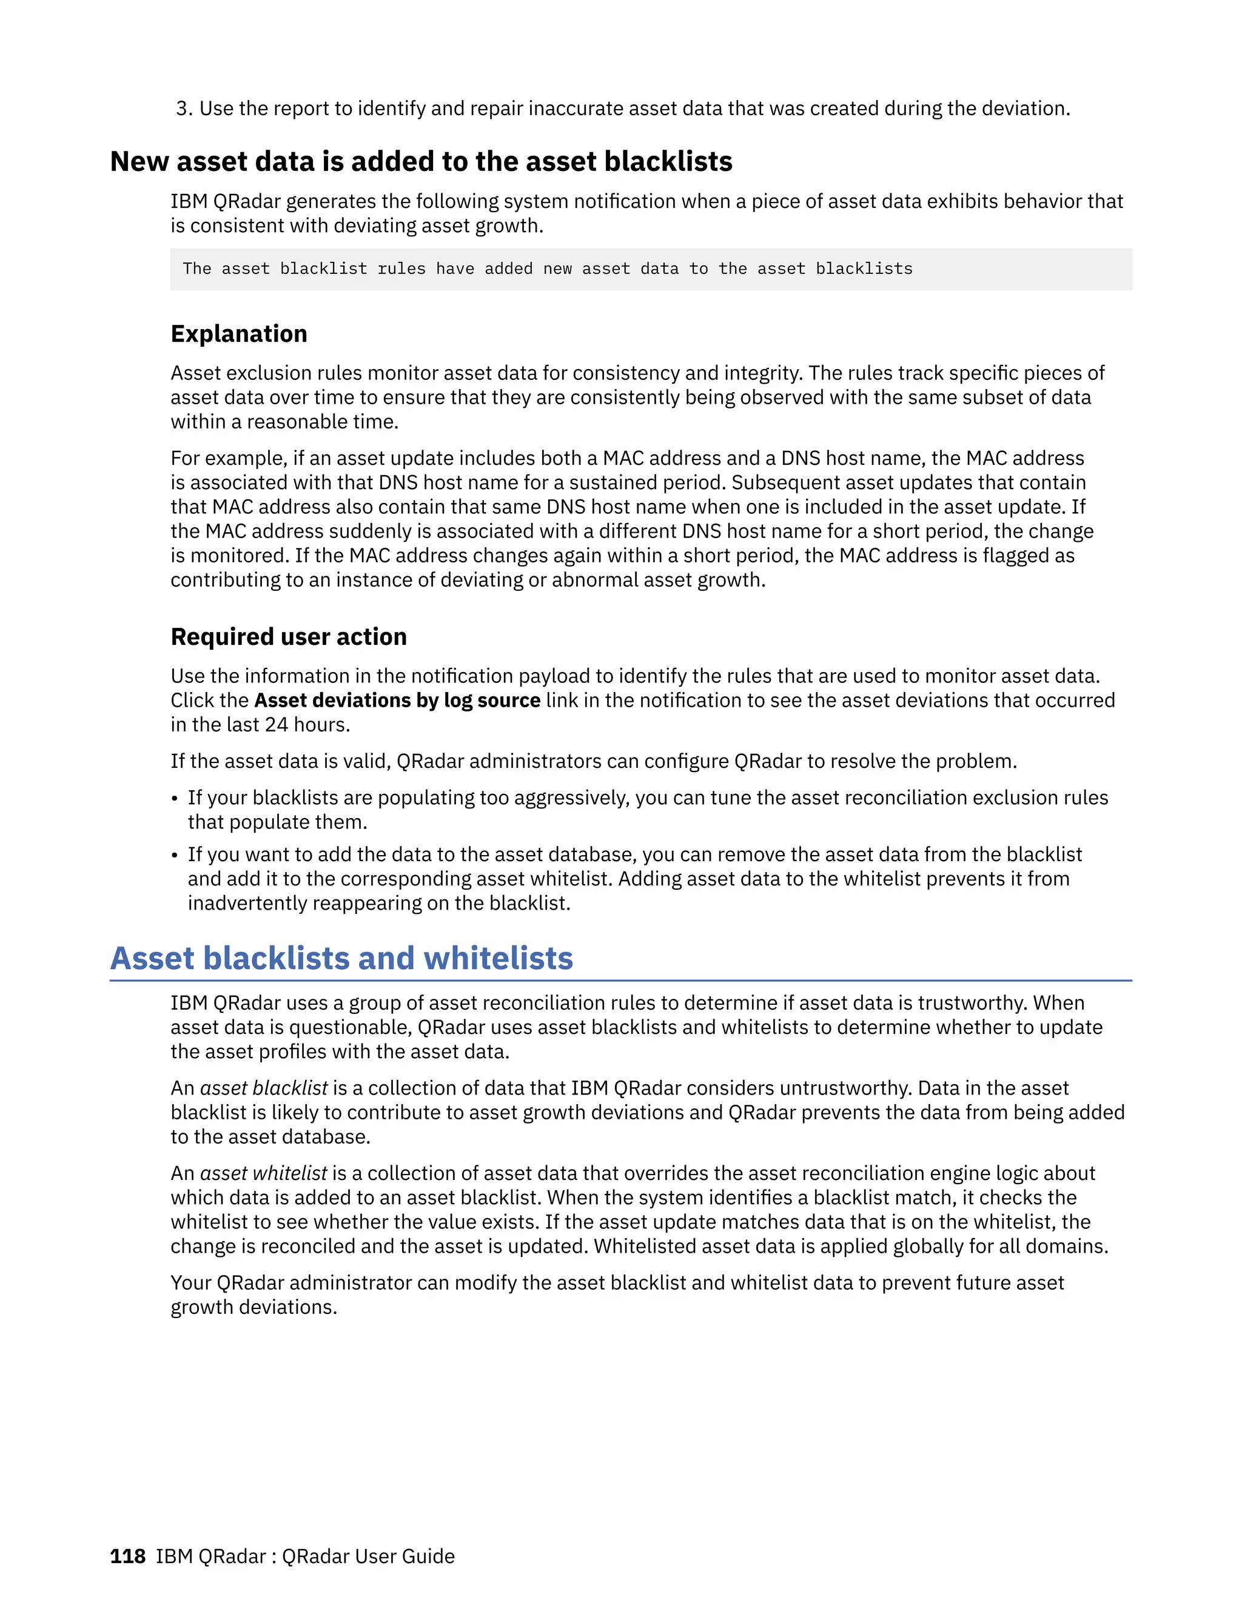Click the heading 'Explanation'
[238, 334]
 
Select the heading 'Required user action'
[289, 637]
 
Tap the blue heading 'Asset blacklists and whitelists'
[341, 958]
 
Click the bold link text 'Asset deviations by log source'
[397, 700]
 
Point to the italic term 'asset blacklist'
[263, 1088]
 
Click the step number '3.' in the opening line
[184, 109]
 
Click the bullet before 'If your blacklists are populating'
[175, 799]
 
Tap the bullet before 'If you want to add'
[175, 855]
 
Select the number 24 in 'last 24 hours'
[276, 725]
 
